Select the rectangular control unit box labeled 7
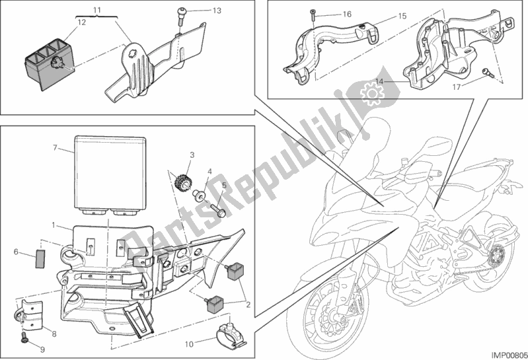tap(110, 172)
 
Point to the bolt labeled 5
tap(216, 210)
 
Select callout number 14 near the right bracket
tap(379, 81)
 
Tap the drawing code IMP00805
tap(504, 353)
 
